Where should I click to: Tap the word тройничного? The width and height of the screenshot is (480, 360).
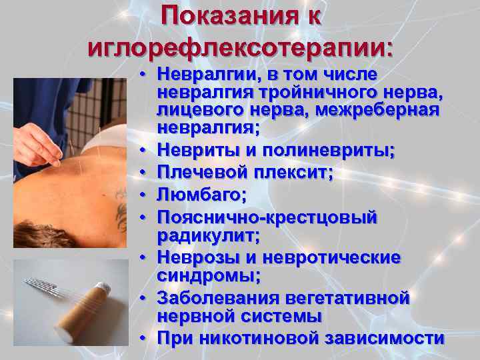tap(291, 91)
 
